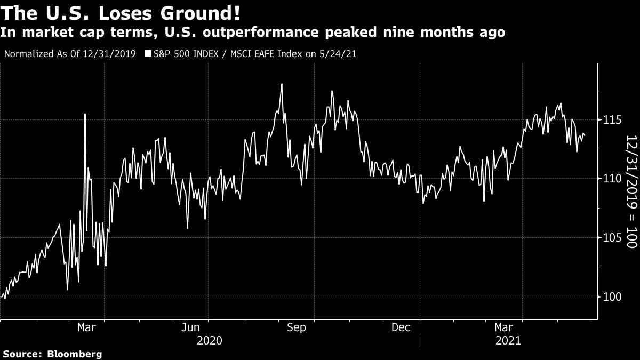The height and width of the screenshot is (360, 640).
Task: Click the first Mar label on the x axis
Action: [87, 327]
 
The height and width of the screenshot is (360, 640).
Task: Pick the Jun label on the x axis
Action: [191, 327]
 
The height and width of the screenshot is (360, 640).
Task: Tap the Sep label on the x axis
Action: [297, 327]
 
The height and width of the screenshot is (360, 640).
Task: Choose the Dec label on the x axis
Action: [401, 327]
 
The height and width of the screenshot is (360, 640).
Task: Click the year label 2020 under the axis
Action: [210, 341]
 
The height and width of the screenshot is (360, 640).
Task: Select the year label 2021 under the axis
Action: [508, 341]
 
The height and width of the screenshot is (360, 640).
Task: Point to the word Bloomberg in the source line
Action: [75, 354]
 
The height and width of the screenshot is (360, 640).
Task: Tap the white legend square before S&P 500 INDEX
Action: [148, 54]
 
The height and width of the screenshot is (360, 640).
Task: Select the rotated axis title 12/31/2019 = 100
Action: [631, 191]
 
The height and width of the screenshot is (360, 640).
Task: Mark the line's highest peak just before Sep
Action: [281, 84]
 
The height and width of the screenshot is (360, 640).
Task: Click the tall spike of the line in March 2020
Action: [85, 114]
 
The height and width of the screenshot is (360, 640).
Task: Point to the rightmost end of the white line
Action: [585, 136]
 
